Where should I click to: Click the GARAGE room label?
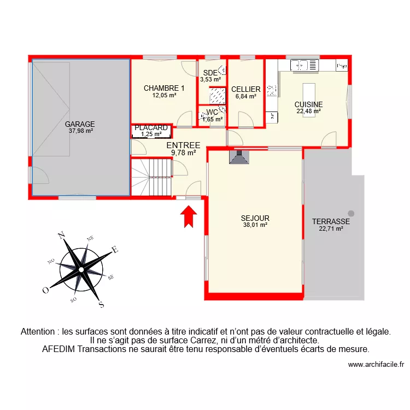(80, 124)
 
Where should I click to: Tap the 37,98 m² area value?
(80, 131)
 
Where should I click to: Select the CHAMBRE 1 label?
(164, 88)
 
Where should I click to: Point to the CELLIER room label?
(245, 89)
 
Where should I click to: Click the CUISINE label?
(308, 104)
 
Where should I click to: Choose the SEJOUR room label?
(255, 218)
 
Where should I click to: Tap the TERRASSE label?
(331, 221)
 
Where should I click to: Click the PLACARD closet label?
(151, 128)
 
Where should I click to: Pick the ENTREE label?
(183, 145)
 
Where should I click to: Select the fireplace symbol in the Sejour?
(239, 157)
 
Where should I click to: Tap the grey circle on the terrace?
(350, 213)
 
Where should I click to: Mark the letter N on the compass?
(62, 236)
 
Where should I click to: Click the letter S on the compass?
(101, 304)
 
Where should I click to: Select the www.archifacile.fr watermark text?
(375, 365)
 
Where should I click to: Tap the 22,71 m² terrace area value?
(331, 229)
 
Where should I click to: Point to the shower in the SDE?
(218, 96)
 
